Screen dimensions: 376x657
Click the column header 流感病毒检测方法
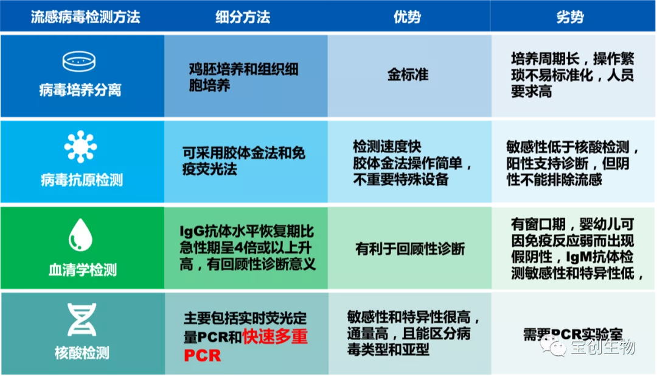85,16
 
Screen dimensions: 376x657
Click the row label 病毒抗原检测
82,180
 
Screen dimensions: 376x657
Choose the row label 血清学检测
83,269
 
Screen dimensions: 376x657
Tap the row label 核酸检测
82,353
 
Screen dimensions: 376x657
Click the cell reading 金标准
408,75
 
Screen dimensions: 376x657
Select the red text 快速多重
275,336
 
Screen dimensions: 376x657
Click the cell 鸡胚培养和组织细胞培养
243,77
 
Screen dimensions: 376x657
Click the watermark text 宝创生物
602,347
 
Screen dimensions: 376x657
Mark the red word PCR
202,354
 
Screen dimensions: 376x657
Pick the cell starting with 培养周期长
572,75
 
